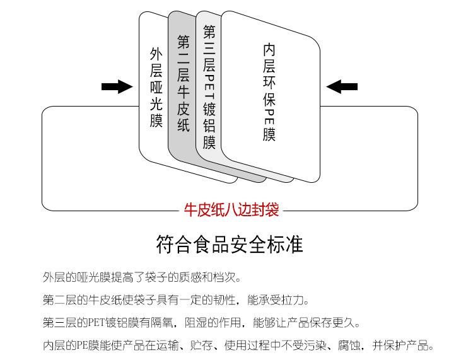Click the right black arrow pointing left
pos(342,86)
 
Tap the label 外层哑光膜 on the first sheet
pos(156,87)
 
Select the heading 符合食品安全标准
pos(230,244)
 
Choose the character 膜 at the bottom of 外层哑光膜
pos(156,120)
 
